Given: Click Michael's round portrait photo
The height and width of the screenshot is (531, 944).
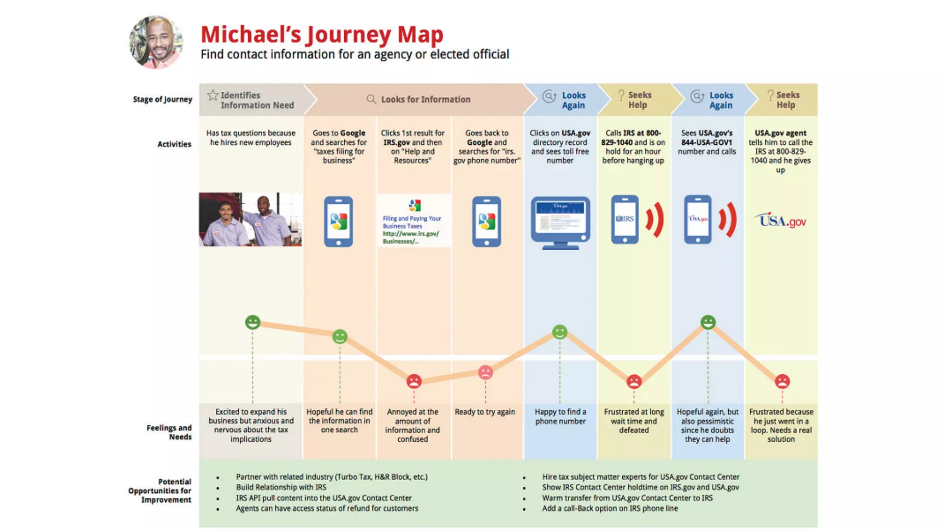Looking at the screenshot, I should (156, 42).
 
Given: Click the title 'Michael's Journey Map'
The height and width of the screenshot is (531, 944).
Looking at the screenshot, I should (322, 35).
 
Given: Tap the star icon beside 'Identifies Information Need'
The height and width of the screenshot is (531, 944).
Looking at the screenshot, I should (212, 95).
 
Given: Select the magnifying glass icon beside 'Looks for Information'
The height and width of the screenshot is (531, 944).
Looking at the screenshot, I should (371, 99).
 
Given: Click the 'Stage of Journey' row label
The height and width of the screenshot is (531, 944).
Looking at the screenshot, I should (162, 99).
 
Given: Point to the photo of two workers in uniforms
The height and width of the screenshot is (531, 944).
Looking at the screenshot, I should (250, 219).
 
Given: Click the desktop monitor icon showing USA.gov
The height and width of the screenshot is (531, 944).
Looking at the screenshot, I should (560, 223).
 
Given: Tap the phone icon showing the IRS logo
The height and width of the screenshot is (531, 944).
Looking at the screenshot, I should (625, 219).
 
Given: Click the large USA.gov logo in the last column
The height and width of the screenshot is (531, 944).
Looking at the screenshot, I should (780, 221).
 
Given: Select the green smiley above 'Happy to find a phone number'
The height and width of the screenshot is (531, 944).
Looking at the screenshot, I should (560, 332).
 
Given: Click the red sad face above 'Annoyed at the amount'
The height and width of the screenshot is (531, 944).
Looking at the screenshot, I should (413, 381).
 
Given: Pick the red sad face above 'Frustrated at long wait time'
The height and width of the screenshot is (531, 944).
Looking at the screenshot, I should (634, 381).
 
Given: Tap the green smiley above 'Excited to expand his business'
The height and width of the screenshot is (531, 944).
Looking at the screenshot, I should (252, 322).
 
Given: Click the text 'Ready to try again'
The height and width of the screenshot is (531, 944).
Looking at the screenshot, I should (485, 412).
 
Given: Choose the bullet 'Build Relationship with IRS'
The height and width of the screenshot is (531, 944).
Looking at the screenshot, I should (281, 487).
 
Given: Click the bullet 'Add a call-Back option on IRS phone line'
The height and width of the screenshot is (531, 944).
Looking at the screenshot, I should (609, 508).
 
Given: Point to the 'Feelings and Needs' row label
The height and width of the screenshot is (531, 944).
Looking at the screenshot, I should (169, 432).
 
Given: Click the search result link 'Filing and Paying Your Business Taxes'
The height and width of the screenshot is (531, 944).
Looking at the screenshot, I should (412, 222).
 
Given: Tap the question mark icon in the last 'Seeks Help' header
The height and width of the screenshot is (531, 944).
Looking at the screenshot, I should (770, 95).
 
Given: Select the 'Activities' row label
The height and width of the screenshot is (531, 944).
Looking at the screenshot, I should (174, 144).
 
